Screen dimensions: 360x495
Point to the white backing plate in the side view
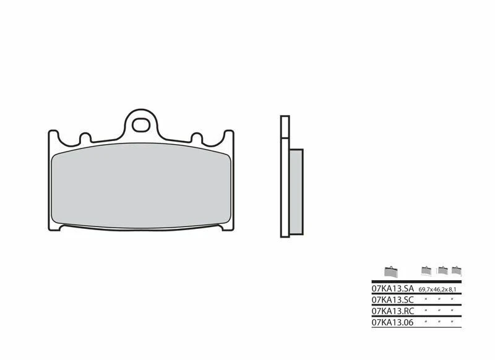285,179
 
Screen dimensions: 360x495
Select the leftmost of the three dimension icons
426,270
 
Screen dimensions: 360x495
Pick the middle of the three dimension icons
442,270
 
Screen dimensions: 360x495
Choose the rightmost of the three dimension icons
457,270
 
